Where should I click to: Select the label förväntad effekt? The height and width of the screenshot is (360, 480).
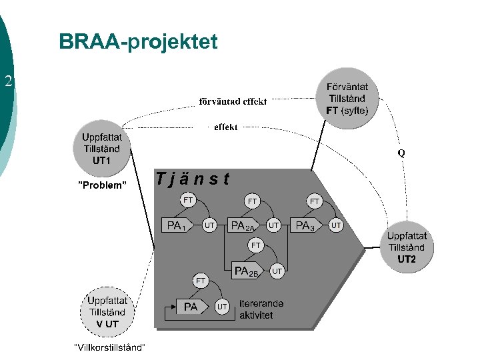point(233,101)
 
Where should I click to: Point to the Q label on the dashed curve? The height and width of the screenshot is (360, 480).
point(401,152)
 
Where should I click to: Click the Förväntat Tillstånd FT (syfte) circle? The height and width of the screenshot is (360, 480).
point(347,99)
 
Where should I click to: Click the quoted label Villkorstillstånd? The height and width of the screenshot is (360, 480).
point(109,348)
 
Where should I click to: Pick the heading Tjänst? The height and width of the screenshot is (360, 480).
point(193,179)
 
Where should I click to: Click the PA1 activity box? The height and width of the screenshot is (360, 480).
point(177,226)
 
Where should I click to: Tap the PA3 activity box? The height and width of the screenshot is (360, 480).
point(307,226)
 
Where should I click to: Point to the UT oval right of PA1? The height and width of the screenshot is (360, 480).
point(209,226)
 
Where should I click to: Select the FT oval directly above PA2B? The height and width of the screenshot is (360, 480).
point(256,245)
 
